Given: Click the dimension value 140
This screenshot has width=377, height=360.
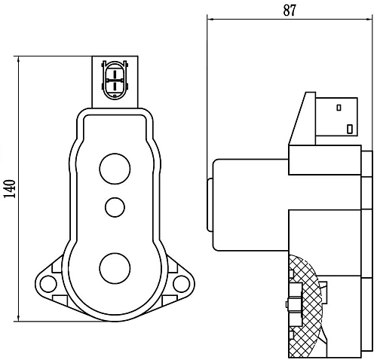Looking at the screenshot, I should [9, 188].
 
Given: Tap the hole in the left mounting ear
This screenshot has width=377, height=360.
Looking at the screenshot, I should [49, 283].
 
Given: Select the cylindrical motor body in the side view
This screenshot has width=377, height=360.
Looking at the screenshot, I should [249, 203].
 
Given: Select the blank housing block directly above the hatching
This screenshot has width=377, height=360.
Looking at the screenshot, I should [324, 230].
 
